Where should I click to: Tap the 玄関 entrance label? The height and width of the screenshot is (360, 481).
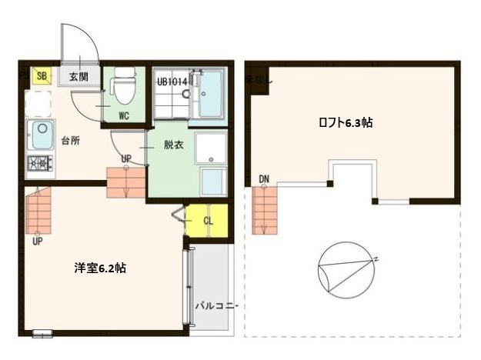coord(78,77)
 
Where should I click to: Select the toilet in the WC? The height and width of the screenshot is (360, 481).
coord(123,86)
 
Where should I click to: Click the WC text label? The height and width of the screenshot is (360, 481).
coord(124,116)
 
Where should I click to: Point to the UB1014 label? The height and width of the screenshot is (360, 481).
coord(172,81)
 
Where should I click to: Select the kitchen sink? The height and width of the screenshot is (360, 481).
coord(40,132)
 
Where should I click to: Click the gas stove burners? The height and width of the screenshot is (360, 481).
coord(38,163)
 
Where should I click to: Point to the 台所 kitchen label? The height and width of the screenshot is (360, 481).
coord(72,141)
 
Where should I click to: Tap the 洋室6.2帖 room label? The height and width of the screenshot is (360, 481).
coord(100,268)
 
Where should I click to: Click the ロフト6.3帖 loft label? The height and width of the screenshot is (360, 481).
coord(346,122)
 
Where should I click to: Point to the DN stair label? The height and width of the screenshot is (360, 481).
coord(264,179)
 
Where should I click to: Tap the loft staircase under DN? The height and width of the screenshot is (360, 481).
coord(264,209)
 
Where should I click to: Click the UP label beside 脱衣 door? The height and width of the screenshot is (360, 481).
coord(126,159)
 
